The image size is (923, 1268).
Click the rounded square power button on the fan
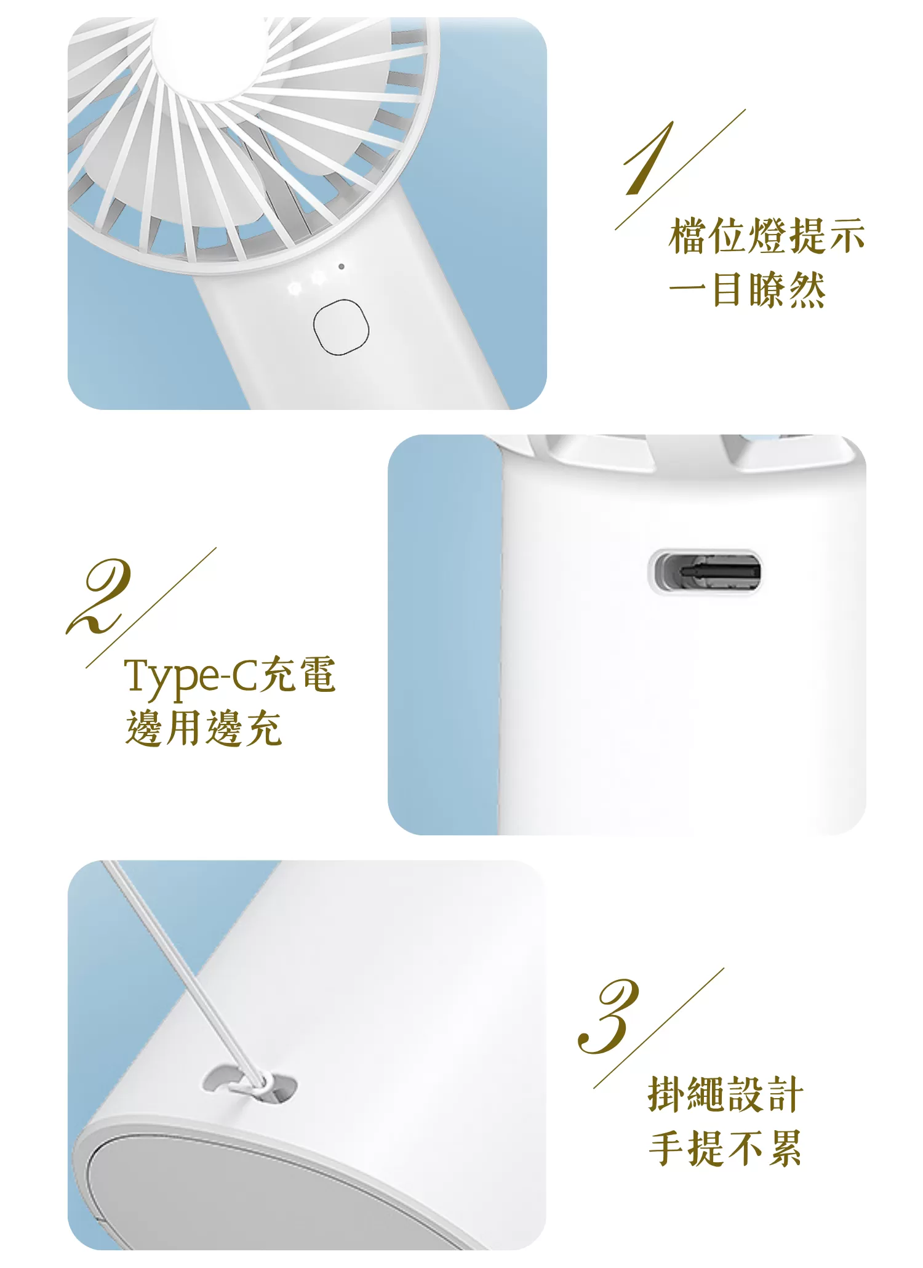[341, 327]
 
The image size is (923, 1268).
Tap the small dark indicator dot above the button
[341, 267]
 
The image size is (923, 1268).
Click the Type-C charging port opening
[706, 572]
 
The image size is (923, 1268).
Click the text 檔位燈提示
[767, 236]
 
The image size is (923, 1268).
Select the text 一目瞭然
[747, 289]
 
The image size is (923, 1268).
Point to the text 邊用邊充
[204, 729]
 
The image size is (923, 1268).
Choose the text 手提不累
[725, 1149]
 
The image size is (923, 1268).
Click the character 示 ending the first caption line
[847, 236]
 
